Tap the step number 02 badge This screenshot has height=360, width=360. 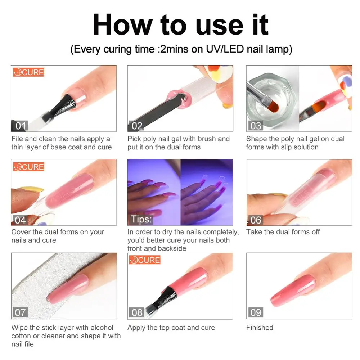tap(137, 126)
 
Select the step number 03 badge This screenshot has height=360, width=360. tap(256, 126)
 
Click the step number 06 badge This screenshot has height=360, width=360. tap(256, 220)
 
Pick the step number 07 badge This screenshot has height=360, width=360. tap(20, 312)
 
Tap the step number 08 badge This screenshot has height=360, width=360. tap(137, 312)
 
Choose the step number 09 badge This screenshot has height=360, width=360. tap(256, 312)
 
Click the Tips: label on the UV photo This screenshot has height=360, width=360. tap(141, 219)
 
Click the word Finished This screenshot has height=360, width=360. tap(260, 328)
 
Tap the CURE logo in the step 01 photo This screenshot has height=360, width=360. tap(28, 72)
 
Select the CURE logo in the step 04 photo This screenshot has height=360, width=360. tap(28, 167)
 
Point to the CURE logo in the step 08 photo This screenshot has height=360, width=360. tap(145, 260)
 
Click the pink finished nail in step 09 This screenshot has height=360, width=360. tap(293, 290)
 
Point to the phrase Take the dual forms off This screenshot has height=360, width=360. tap(283, 232)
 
